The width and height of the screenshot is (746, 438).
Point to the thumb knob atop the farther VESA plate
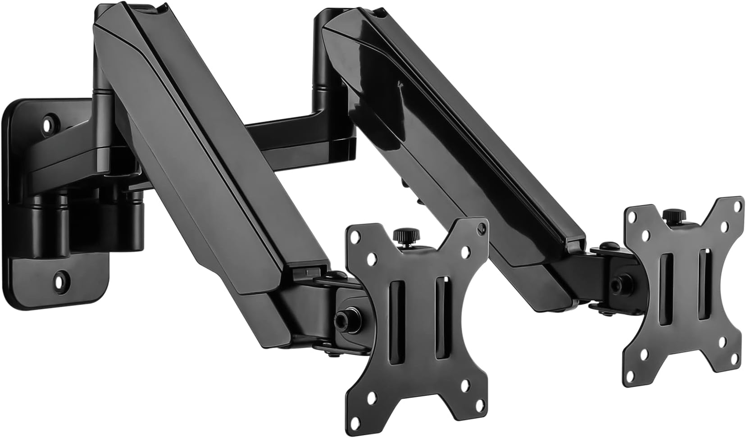[x=673, y=216]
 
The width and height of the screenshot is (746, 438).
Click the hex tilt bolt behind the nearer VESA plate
[x=342, y=318]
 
